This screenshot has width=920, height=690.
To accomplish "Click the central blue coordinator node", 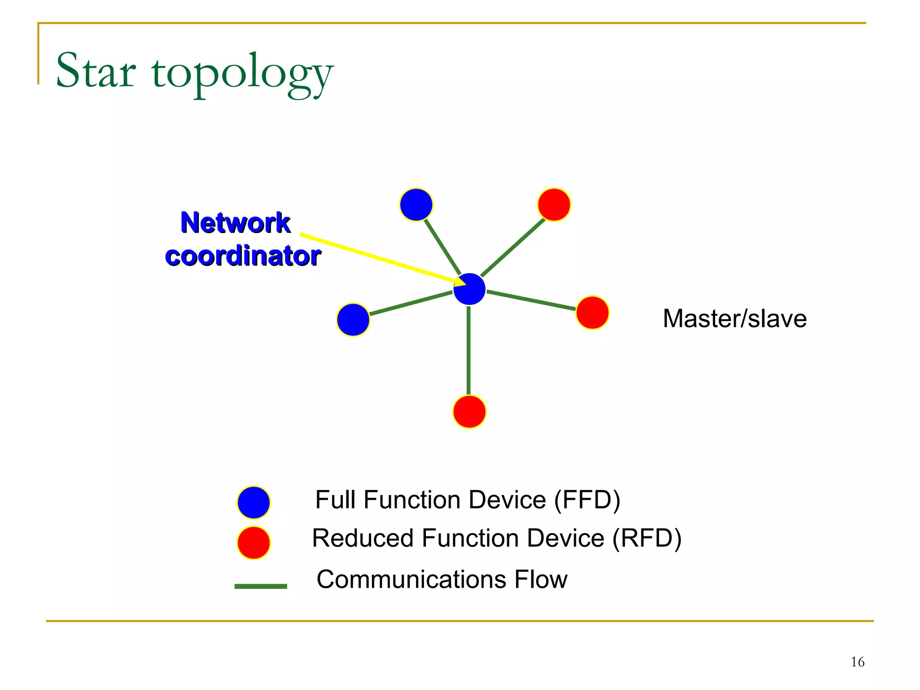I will [469, 289].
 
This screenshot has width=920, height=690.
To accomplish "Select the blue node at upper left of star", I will [416, 205].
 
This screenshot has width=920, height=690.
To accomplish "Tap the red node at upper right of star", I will [554, 205].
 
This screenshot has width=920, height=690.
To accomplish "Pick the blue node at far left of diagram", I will [353, 320].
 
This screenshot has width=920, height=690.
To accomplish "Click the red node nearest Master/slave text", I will [592, 313].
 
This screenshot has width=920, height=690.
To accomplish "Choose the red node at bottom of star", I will [469, 411].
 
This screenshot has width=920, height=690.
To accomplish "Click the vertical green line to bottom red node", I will [469, 350].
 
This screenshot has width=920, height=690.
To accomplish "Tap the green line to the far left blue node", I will [411, 303].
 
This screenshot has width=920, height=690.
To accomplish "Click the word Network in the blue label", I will [235, 223].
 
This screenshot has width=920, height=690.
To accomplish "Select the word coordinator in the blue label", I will [243, 256].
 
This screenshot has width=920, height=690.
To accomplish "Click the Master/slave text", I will [734, 318].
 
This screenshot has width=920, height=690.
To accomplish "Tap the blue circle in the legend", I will [254, 502].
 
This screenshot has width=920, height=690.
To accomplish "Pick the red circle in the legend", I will [254, 543].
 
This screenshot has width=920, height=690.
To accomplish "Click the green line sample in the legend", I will [261, 586].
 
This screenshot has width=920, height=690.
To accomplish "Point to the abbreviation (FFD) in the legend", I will [587, 500].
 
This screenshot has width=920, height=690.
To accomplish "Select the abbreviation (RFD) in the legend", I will [647, 538].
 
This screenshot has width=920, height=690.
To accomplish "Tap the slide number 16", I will [857, 662].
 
